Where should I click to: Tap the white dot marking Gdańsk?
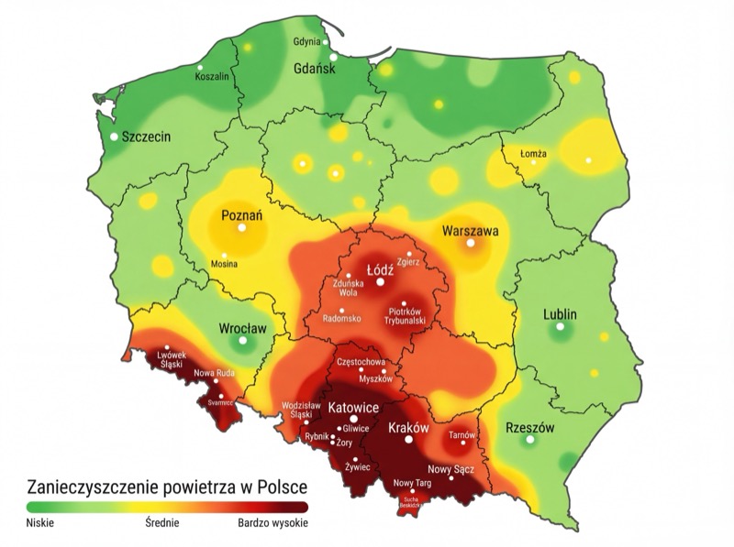click(x=334, y=58)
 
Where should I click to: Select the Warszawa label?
click(x=471, y=231)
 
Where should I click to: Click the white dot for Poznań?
click(x=242, y=228)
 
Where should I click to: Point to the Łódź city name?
click(x=380, y=270)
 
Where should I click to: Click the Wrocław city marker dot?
click(x=242, y=341)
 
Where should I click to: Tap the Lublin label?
click(x=560, y=313)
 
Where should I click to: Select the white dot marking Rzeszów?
click(x=528, y=441)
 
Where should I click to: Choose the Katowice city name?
click(x=353, y=406)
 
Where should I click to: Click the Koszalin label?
click(x=212, y=77)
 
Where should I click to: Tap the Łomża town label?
click(x=533, y=154)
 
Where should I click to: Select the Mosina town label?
click(x=224, y=264)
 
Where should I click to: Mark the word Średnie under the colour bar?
click(x=161, y=524)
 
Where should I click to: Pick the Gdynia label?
click(x=306, y=42)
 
